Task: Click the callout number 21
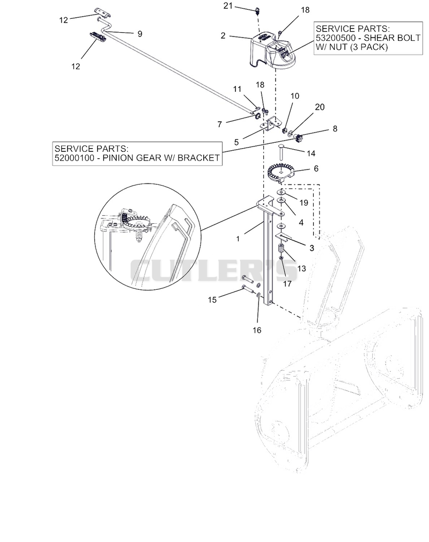[228, 6]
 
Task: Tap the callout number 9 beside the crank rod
[139, 34]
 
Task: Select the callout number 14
[311, 153]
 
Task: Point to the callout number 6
[316, 169]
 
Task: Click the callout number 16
[257, 331]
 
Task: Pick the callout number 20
[320, 107]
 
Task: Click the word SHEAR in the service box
[379, 38]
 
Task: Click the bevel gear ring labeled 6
[281, 172]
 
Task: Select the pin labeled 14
[282, 151]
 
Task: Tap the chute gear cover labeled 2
[272, 50]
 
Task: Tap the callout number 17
[287, 284]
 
